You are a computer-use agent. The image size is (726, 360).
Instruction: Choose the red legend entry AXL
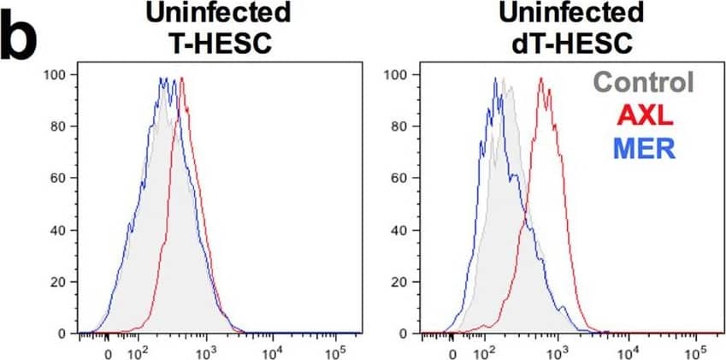(x=648, y=116)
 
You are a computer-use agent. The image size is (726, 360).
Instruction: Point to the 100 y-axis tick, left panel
(x=54, y=75)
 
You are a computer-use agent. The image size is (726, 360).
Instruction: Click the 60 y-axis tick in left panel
(x=57, y=178)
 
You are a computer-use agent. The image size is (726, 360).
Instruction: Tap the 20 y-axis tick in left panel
(x=57, y=281)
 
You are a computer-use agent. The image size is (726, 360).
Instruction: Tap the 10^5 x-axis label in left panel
(x=336, y=350)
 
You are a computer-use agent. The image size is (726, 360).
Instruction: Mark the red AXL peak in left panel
(x=182, y=78)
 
